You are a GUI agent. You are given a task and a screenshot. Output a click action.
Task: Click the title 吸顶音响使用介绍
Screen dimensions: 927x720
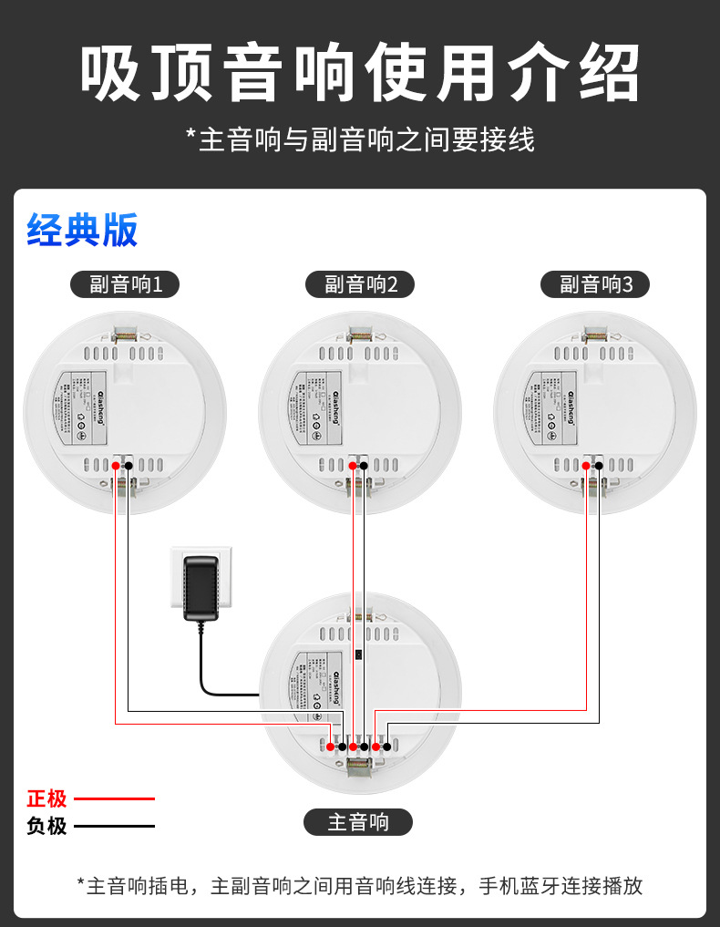359,73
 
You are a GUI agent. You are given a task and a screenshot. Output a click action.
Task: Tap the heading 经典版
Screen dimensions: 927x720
82,230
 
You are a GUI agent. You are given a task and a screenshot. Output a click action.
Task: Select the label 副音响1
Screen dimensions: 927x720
125,284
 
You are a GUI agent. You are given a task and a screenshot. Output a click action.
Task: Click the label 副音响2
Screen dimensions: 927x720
360,284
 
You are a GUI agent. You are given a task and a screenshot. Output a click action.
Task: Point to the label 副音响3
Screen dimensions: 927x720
595,284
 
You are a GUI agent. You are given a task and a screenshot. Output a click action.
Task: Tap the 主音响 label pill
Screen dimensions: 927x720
358,823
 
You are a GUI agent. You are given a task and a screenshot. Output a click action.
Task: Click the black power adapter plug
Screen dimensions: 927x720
201,589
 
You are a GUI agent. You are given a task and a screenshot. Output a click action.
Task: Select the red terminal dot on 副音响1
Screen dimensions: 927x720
117,466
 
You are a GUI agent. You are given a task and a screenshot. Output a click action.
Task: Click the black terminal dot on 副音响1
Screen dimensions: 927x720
129,466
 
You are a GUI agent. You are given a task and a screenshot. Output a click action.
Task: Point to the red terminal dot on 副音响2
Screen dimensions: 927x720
353,466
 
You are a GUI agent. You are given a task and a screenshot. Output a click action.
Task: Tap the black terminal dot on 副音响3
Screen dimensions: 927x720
599,466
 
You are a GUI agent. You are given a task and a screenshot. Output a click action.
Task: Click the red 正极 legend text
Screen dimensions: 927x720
46,799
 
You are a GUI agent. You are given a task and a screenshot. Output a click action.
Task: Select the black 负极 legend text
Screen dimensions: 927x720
46,827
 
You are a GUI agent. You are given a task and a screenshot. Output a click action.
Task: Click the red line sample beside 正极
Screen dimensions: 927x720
114,799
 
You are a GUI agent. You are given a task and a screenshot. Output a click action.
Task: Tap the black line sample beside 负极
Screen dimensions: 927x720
114,827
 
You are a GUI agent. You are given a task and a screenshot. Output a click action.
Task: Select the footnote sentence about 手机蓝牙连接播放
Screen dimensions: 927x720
360,885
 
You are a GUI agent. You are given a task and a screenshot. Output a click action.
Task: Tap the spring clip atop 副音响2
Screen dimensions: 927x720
360,335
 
